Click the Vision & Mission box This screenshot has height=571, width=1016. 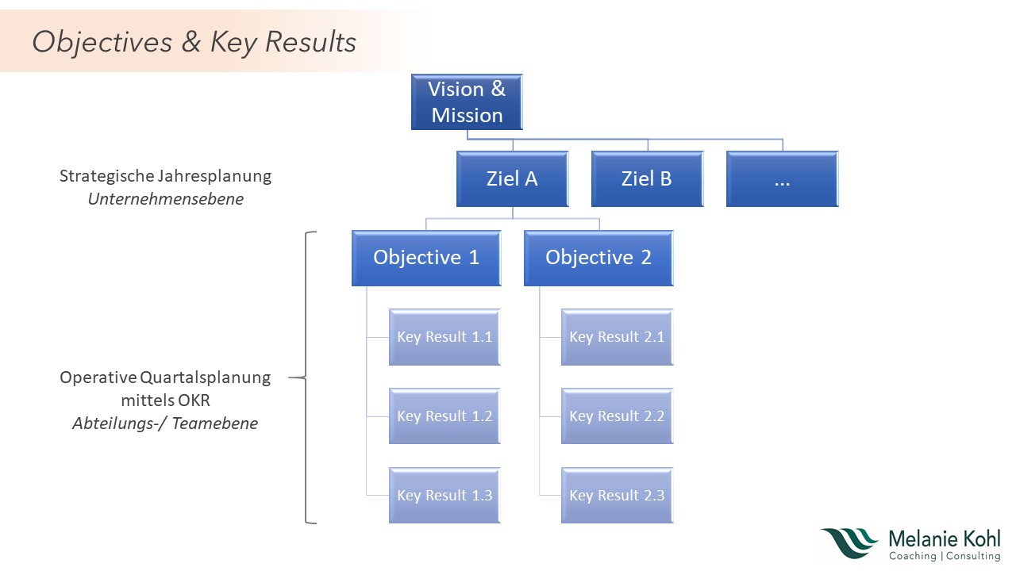467,102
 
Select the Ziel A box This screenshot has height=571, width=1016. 512,179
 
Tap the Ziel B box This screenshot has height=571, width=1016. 647,179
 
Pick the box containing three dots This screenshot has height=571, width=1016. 782,179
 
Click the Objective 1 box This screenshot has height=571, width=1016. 426,258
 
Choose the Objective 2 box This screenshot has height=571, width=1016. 598,258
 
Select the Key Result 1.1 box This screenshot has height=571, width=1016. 444,337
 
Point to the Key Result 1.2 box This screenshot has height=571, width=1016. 444,416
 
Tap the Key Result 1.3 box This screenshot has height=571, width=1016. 444,496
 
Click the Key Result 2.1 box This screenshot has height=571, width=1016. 617,337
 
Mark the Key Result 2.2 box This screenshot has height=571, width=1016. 617,416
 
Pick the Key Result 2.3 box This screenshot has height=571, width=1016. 617,496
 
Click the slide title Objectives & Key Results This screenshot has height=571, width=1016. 194,42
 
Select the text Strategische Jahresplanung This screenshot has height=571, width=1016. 165,176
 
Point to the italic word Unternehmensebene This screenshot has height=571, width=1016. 165,199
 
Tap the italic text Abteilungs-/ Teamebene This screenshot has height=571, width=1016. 165,423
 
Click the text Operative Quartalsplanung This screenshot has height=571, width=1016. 165,377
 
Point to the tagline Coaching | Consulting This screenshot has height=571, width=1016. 944,557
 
